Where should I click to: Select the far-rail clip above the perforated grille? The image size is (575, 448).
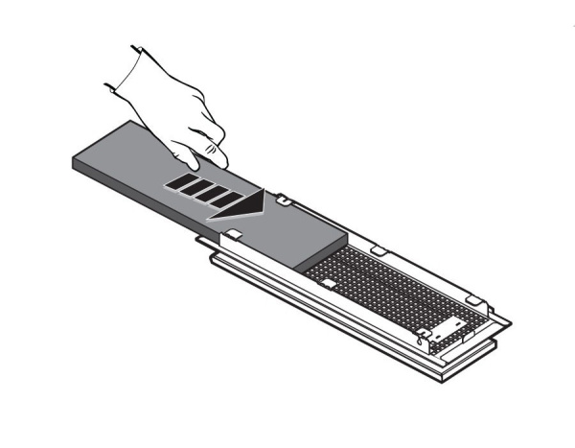pos(378,250)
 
